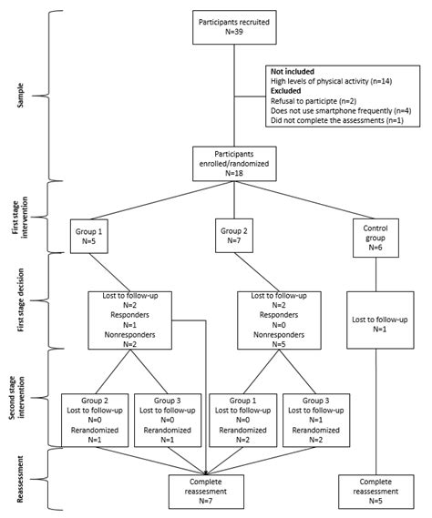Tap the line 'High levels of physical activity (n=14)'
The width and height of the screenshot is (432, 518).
pos(336,82)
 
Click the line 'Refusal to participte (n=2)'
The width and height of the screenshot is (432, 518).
pos(317,102)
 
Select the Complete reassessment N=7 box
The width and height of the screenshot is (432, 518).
pos(208,490)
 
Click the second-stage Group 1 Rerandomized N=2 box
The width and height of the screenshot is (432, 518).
pos(241,418)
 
